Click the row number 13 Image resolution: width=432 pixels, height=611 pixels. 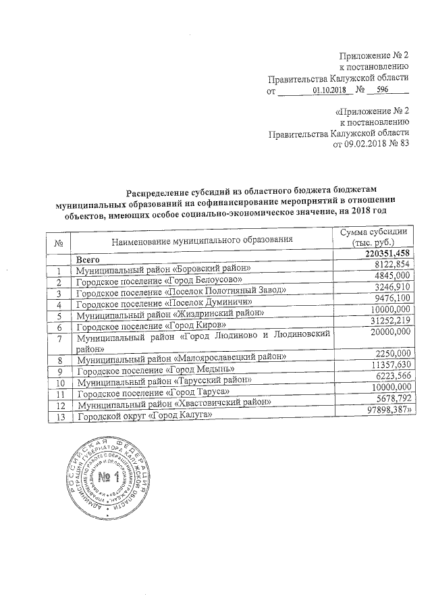click(x=60, y=417)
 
